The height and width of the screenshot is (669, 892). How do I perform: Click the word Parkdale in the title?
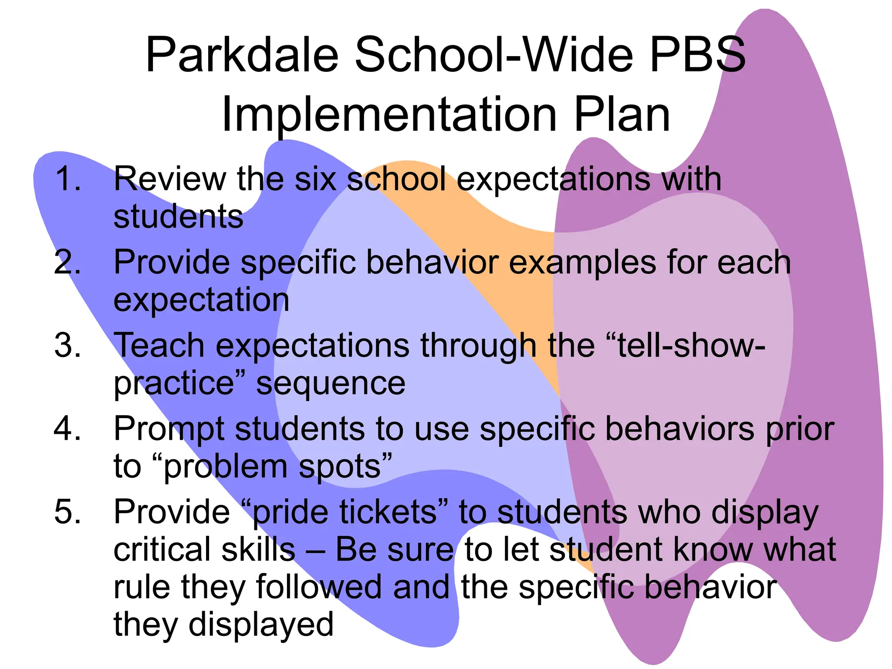tap(242, 55)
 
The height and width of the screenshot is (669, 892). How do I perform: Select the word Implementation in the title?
tap(389, 115)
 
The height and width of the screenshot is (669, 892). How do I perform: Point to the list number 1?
tap(68, 179)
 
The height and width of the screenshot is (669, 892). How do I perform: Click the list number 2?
tap(68, 262)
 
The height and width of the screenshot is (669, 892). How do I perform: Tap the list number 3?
tap(68, 345)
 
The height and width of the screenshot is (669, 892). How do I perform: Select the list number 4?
tap(68, 429)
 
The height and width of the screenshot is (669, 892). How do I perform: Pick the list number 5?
tap(68, 512)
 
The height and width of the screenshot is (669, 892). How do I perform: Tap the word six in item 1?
tap(315, 179)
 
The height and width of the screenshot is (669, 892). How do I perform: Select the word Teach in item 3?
tap(159, 345)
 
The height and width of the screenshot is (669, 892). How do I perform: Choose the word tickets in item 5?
tap(388, 512)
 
